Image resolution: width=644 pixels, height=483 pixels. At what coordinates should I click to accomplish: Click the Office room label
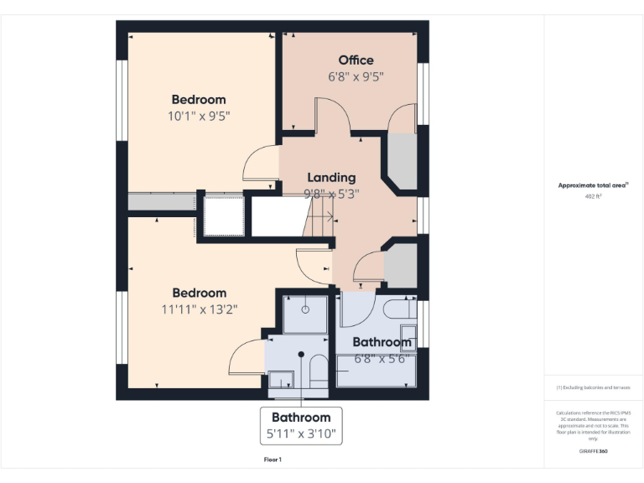356,60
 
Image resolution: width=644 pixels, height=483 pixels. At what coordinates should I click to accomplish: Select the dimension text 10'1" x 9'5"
199,116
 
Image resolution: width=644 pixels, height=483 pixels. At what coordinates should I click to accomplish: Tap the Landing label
331,177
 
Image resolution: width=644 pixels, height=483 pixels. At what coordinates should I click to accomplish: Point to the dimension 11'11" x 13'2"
200,309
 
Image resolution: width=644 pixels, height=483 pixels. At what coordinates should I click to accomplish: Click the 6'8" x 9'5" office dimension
356,76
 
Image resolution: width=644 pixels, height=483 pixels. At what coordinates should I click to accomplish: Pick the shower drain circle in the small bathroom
305,309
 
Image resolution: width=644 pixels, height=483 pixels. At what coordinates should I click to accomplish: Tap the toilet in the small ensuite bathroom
319,372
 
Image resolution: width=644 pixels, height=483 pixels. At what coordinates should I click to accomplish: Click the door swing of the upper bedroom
258,164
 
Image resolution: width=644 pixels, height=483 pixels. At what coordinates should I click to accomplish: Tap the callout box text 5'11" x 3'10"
300,434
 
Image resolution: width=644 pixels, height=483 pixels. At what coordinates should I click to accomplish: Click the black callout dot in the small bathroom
300,354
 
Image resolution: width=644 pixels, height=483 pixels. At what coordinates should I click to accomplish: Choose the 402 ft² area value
593,196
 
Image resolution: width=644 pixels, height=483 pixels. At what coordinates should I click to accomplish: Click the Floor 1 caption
273,460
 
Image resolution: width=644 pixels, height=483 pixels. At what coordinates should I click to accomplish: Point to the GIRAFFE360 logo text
593,451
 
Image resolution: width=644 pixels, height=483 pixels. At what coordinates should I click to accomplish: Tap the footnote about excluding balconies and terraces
593,387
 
